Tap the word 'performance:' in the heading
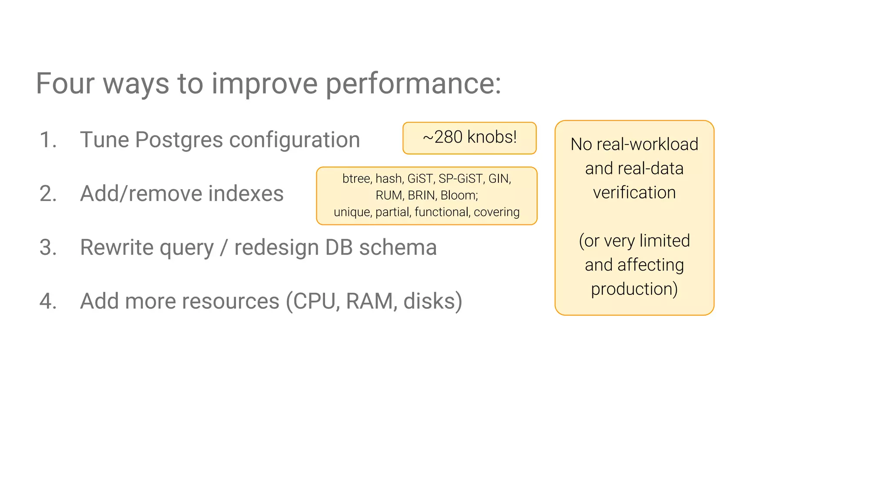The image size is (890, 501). click(413, 84)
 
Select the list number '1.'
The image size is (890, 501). click(48, 140)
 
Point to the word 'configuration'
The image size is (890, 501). click(295, 140)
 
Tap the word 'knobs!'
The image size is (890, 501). click(492, 137)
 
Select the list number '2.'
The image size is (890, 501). click(48, 194)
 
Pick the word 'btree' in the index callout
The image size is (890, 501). click(356, 179)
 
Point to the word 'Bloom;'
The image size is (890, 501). click(459, 195)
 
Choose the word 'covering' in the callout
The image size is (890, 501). click(497, 212)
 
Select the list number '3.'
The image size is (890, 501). click(48, 247)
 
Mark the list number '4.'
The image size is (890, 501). click(48, 301)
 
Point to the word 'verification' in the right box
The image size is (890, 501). click(634, 193)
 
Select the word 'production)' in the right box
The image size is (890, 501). click(634, 289)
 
